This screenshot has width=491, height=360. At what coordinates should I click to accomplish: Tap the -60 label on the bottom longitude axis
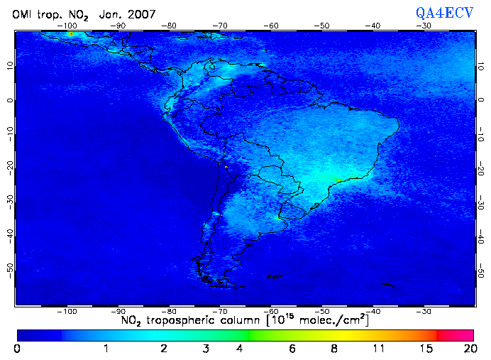point(271,311)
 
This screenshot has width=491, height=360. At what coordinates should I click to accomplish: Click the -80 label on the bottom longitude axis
point(170,311)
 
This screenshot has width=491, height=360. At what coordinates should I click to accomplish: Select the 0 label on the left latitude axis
point(9,100)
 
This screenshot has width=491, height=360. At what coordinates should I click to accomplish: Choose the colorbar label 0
point(17,349)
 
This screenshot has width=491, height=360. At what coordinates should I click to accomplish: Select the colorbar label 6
point(292,349)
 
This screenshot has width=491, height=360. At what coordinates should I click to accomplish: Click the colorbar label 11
point(380,349)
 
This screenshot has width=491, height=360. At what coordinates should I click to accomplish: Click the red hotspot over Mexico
point(71,34)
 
